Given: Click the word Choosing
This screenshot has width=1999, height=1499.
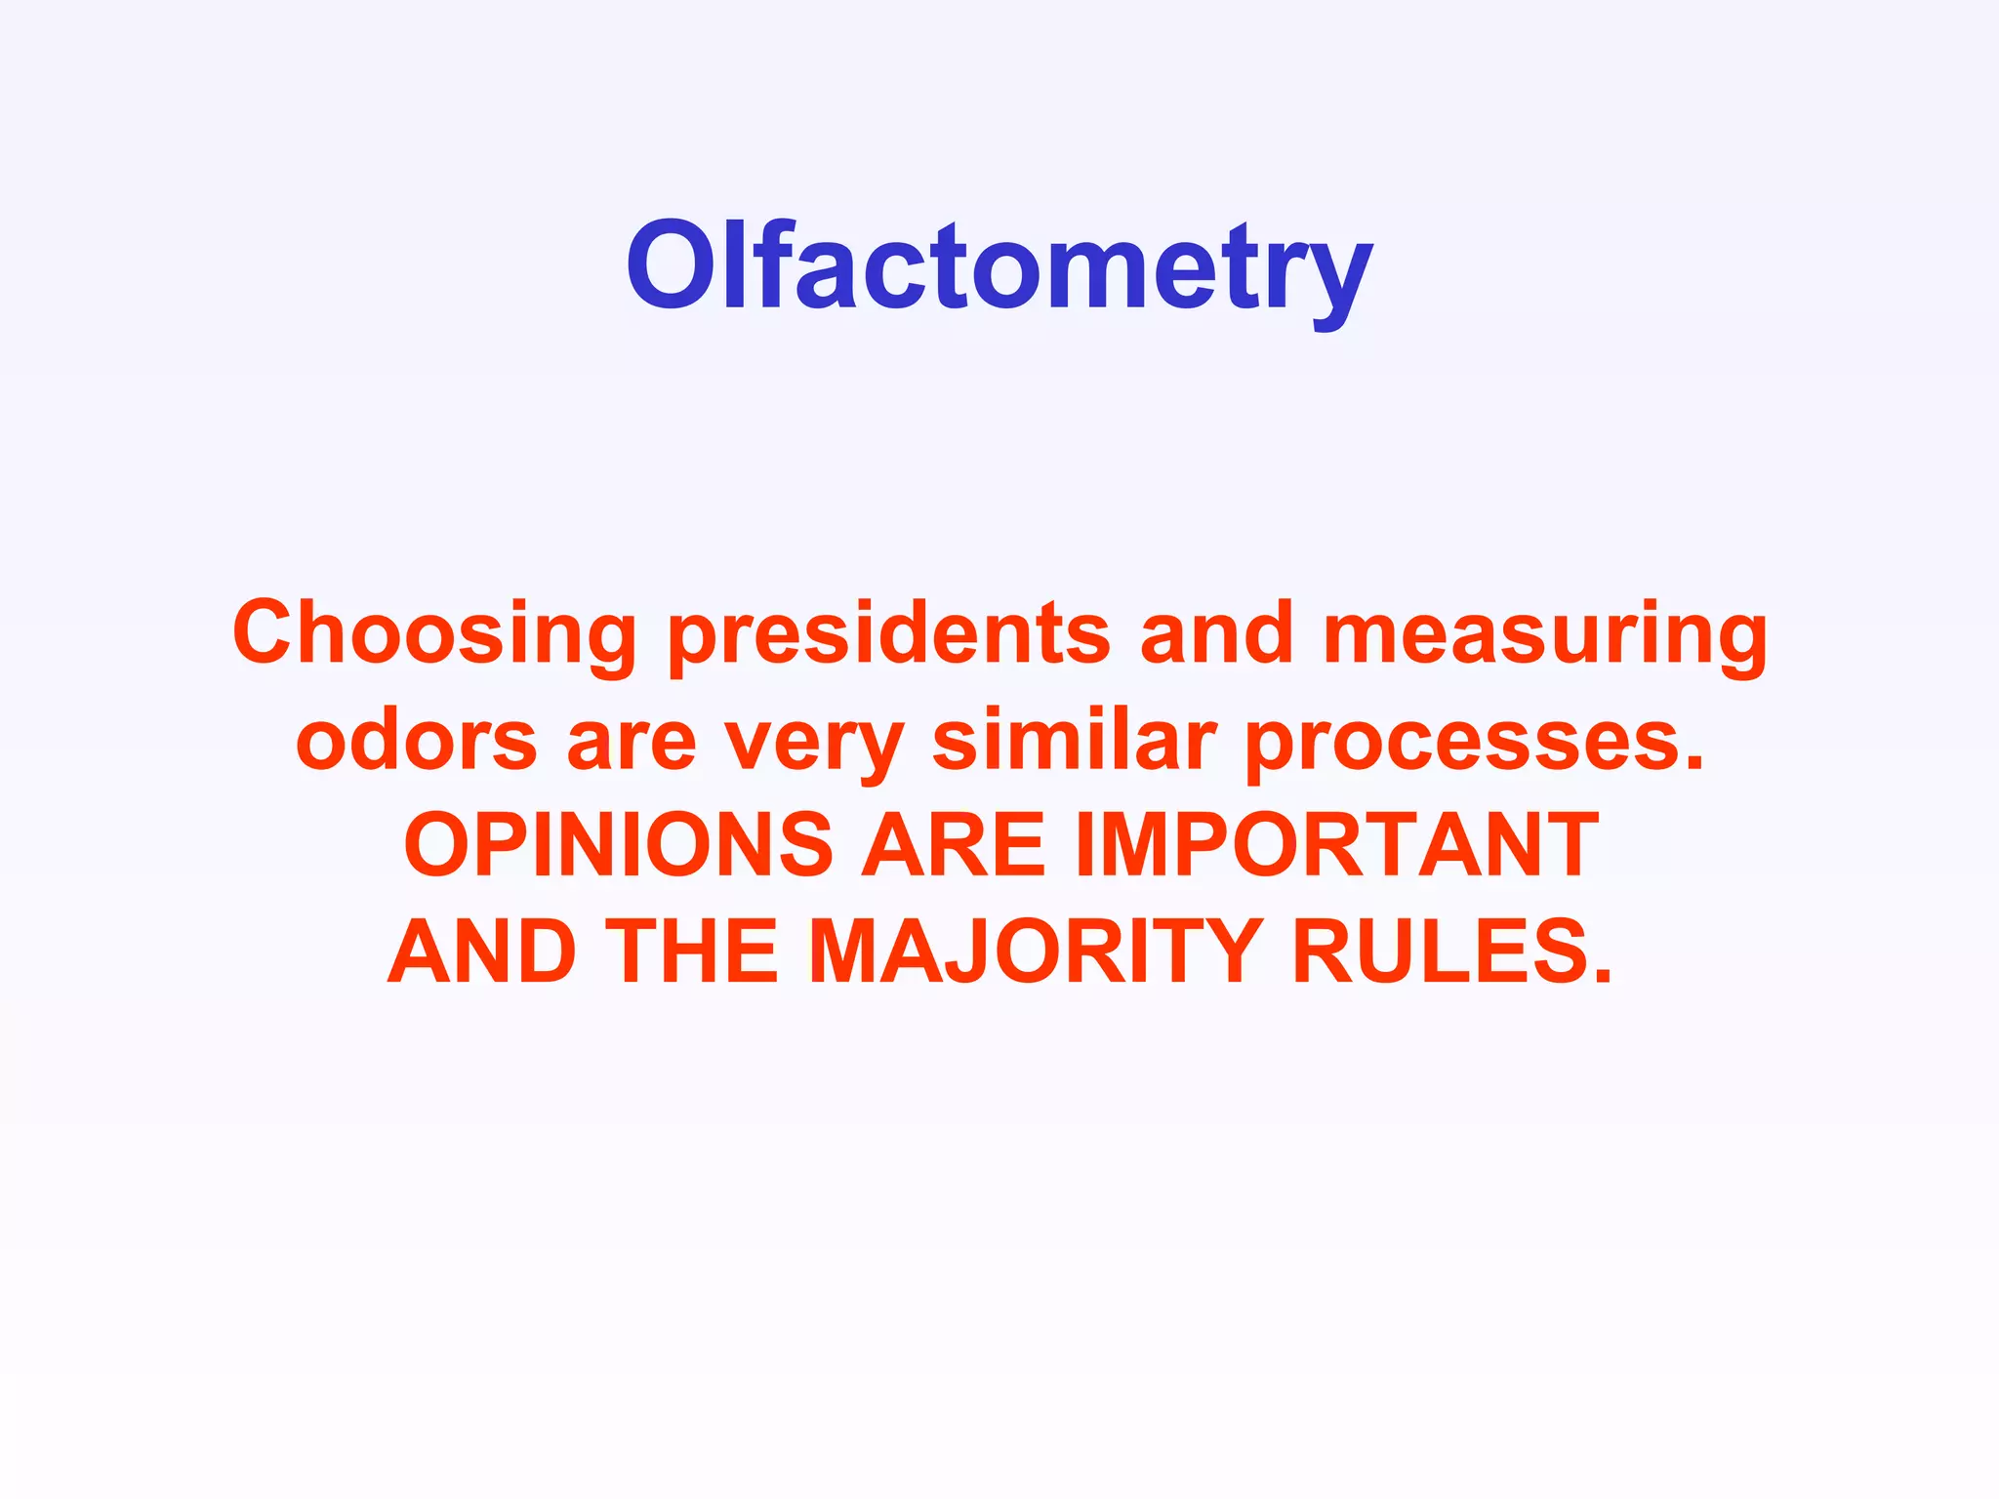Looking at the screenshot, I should (x=435, y=634).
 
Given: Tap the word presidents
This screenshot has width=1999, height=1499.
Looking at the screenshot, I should (x=889, y=634).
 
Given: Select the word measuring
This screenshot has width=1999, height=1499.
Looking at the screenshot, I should (x=1545, y=634).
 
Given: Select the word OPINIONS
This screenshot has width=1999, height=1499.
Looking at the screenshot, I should (x=618, y=845).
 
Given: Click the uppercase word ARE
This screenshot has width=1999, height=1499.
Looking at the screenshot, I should (x=953, y=845).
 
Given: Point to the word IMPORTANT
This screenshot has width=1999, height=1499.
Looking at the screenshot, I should (x=1336, y=845).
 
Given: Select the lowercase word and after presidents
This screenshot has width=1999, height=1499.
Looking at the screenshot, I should (x=1216, y=634).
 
